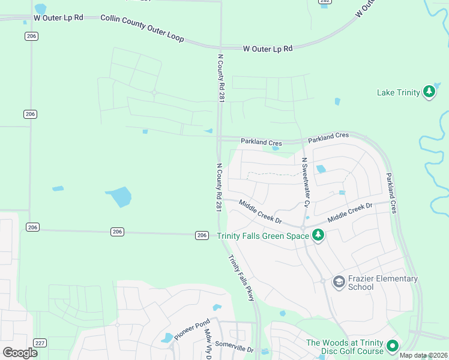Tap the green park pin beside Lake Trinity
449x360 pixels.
pyautogui.click(x=429, y=92)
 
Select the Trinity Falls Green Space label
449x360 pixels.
pyautogui.click(x=263, y=236)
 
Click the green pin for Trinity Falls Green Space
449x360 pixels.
pyautogui.click(x=318, y=236)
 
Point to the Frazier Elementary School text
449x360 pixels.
pyautogui.click(x=383, y=283)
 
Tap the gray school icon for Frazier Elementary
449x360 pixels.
pyautogui.click(x=339, y=281)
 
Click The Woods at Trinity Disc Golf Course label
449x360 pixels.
pyautogui.click(x=345, y=347)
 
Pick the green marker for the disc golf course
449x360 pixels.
pyautogui.click(x=393, y=346)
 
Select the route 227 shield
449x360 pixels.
pyautogui.click(x=40, y=343)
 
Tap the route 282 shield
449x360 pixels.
pyautogui.click(x=325, y=2)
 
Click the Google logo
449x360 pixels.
pyautogui.click(x=20, y=352)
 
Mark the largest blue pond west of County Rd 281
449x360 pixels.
pyautogui.click(x=119, y=196)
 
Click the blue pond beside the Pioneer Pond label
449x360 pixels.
pyautogui.click(x=167, y=338)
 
